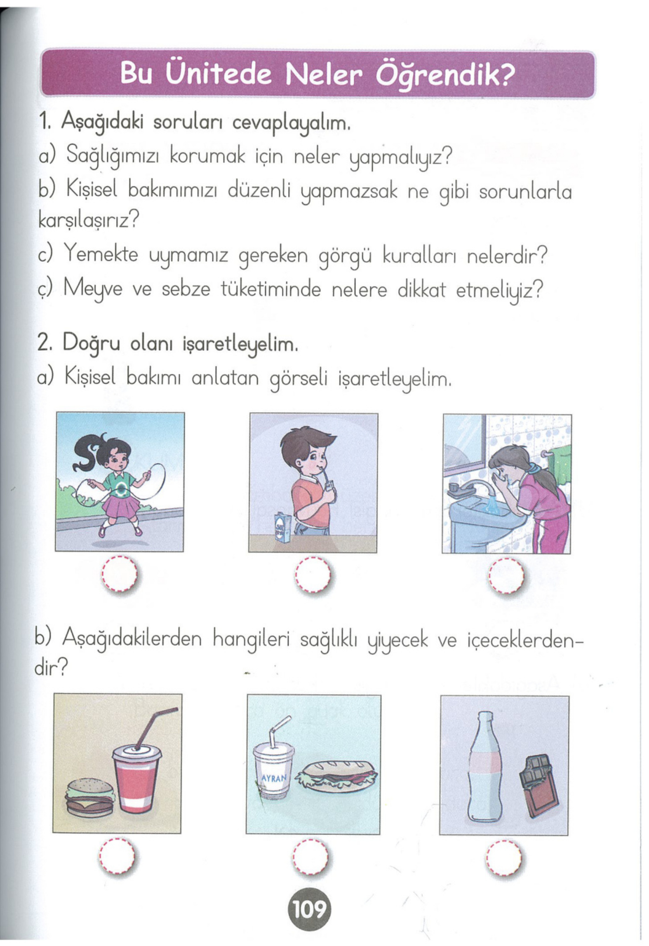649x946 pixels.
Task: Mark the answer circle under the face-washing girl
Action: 506,575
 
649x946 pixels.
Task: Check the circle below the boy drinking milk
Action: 313,574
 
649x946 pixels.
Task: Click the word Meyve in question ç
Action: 93,289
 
